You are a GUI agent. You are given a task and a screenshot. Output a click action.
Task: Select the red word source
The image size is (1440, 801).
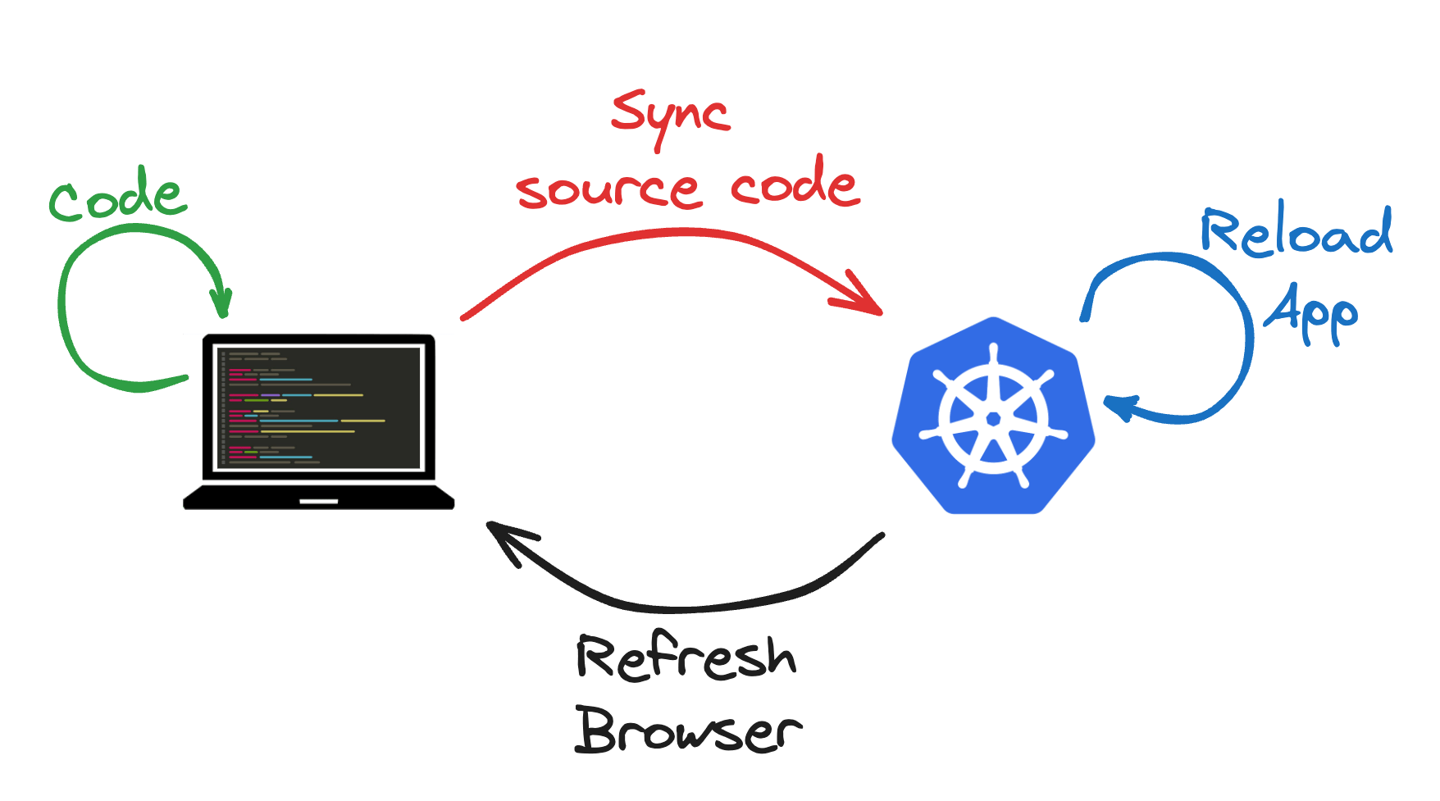tap(608, 190)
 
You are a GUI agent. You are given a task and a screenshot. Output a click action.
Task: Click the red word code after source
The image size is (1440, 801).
tap(793, 185)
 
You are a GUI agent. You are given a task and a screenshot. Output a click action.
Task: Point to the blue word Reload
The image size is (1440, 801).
tap(1296, 233)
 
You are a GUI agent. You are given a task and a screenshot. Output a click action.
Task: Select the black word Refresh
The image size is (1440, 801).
tap(685, 658)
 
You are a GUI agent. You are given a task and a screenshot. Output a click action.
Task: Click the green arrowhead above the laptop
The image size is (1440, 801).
tap(221, 303)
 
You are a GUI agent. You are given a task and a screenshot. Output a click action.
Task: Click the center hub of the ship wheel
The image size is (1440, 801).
tap(993, 419)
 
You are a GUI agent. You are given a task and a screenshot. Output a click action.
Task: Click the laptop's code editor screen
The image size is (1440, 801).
tap(318, 407)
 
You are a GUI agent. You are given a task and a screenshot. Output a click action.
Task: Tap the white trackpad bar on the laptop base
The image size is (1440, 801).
tap(318, 501)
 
